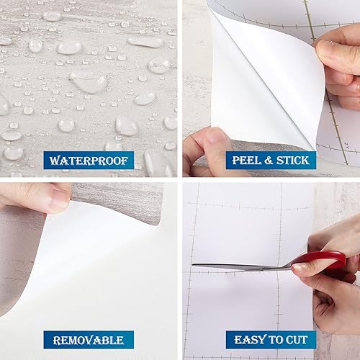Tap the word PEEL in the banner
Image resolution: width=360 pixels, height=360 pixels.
point(246,159)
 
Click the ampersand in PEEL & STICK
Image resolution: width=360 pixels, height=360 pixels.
point(265,159)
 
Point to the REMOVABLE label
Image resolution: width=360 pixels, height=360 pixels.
point(88,340)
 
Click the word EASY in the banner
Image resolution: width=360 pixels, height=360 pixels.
point(248,340)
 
